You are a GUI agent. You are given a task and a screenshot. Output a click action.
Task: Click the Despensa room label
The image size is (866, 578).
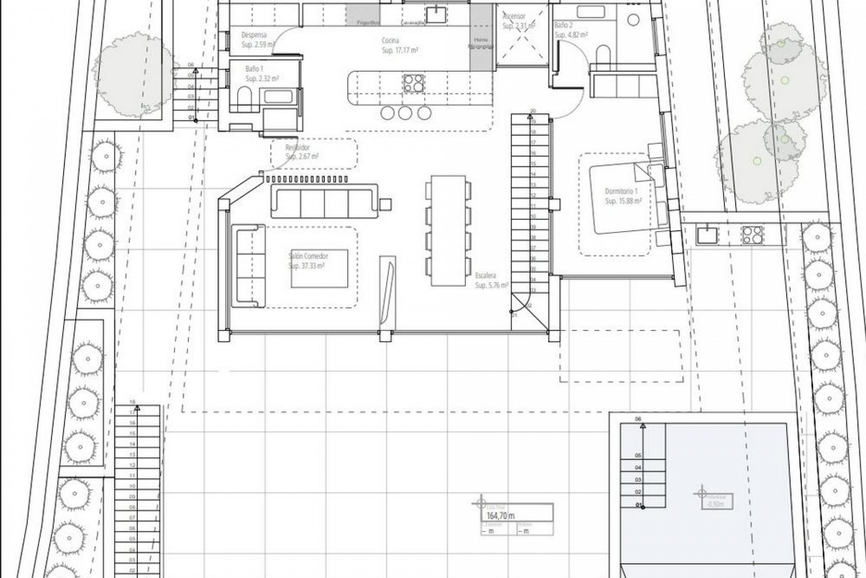(x=254, y=35)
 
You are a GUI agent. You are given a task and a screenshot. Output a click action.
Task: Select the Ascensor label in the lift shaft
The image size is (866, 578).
(x=514, y=16)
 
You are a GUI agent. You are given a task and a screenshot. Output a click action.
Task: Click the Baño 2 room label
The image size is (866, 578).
(x=563, y=26)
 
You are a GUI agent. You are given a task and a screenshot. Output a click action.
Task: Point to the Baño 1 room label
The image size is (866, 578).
(x=254, y=69)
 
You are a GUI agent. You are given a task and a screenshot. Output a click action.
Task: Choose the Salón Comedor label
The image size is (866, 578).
(x=308, y=256)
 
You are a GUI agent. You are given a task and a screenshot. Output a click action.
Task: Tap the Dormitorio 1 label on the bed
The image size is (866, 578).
(x=621, y=191)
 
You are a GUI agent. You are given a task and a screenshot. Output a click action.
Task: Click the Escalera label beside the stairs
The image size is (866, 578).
(x=486, y=275)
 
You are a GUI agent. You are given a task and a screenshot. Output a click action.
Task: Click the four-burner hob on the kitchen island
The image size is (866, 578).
(x=414, y=83)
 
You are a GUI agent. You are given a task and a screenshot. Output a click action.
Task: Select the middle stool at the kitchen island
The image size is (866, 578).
(x=405, y=113)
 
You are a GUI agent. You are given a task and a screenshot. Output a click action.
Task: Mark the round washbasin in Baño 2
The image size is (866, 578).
(x=634, y=20)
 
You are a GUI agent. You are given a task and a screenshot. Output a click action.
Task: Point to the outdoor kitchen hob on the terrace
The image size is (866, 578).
(x=752, y=235)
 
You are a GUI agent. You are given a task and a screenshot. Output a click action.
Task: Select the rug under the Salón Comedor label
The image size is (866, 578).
(x=319, y=268)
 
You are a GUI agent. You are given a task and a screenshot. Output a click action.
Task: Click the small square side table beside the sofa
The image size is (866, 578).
(x=385, y=205)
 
